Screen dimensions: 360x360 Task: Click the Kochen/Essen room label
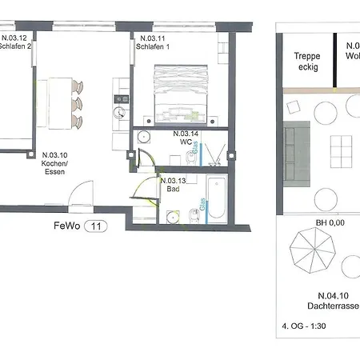click(x=54, y=164)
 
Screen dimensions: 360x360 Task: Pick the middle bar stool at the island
click(x=77, y=104)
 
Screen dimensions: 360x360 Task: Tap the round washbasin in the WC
click(x=144, y=137)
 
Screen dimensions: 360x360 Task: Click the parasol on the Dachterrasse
click(x=310, y=249)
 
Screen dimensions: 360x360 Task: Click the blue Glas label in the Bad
click(x=201, y=205)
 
